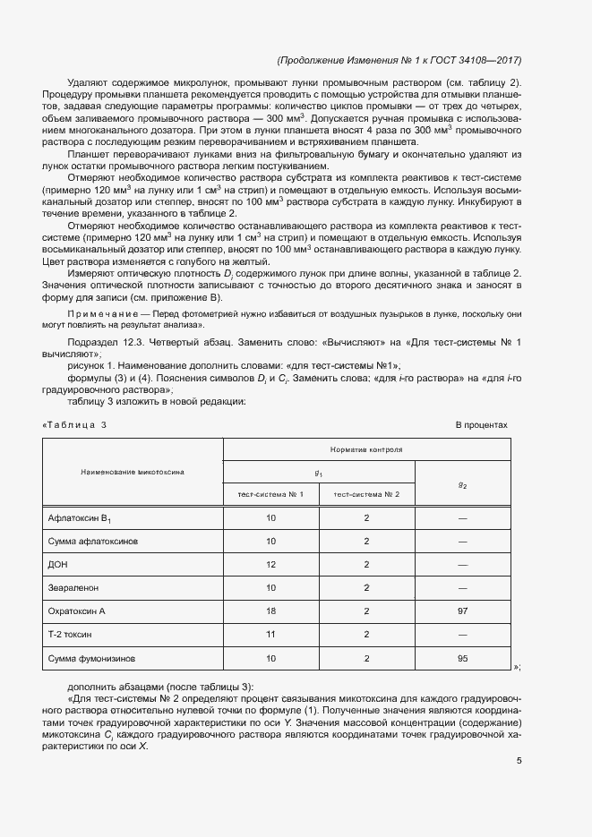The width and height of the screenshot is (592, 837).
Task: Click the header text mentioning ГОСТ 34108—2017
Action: [x=399, y=60]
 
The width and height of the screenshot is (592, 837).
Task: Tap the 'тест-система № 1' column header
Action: [x=270, y=494]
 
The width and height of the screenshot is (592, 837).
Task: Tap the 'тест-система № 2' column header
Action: [x=366, y=494]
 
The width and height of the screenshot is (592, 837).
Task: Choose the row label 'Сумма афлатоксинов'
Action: [x=92, y=542]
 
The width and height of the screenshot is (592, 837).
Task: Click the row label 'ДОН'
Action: [x=57, y=566]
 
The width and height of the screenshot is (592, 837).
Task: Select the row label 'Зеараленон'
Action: [x=73, y=589]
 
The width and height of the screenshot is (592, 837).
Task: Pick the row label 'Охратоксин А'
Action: [x=76, y=612]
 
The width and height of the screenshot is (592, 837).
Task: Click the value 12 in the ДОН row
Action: [x=270, y=566]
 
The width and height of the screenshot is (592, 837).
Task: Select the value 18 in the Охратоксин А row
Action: [x=270, y=612]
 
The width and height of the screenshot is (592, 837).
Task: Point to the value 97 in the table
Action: [x=462, y=612]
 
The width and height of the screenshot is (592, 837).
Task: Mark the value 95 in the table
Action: [x=462, y=659]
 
